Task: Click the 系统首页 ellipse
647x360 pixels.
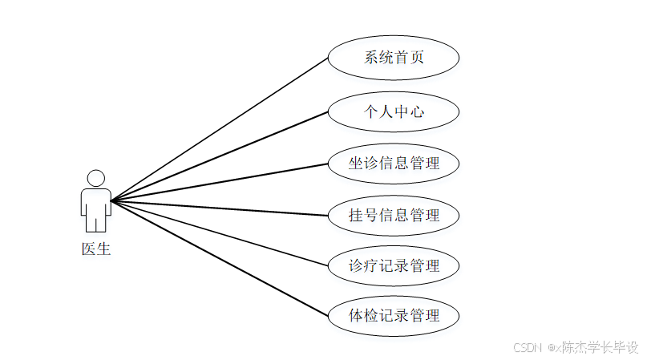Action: tap(394, 58)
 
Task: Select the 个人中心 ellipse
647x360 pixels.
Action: tap(394, 111)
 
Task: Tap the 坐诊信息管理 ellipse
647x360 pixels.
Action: tap(394, 164)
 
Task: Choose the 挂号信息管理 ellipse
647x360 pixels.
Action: tap(394, 215)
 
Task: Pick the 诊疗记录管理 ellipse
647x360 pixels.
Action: tap(394, 265)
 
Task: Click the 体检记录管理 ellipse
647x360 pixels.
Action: tap(394, 315)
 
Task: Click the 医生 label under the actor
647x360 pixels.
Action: tap(96, 249)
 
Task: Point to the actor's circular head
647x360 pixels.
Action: tap(96, 178)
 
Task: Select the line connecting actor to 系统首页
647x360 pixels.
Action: tap(219, 129)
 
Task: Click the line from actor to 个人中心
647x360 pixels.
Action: tap(219, 156)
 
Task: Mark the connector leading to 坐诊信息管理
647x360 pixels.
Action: tap(219, 182)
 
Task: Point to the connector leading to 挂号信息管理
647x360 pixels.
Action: tap(219, 208)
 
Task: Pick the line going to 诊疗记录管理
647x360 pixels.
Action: tap(219, 233)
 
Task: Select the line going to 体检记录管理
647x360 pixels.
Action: tap(219, 257)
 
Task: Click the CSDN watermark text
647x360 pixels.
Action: tap(528, 348)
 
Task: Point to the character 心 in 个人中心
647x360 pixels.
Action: tap(416, 111)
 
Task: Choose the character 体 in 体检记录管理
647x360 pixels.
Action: tap(356, 315)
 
